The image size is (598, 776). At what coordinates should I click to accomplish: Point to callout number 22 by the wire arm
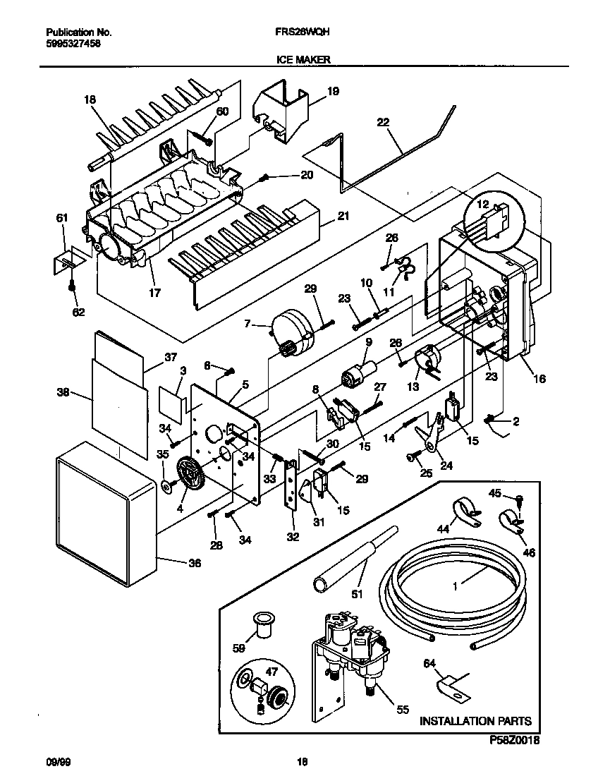point(383,122)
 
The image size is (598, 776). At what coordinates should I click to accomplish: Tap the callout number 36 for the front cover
point(195,563)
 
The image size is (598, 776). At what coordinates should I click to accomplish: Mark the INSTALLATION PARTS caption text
point(475,721)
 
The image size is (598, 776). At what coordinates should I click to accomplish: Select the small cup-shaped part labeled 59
point(264,624)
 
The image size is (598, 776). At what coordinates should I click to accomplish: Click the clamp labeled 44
point(463,513)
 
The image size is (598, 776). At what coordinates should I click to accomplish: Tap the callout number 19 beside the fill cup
point(333,90)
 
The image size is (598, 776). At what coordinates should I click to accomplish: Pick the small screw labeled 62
point(72,286)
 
